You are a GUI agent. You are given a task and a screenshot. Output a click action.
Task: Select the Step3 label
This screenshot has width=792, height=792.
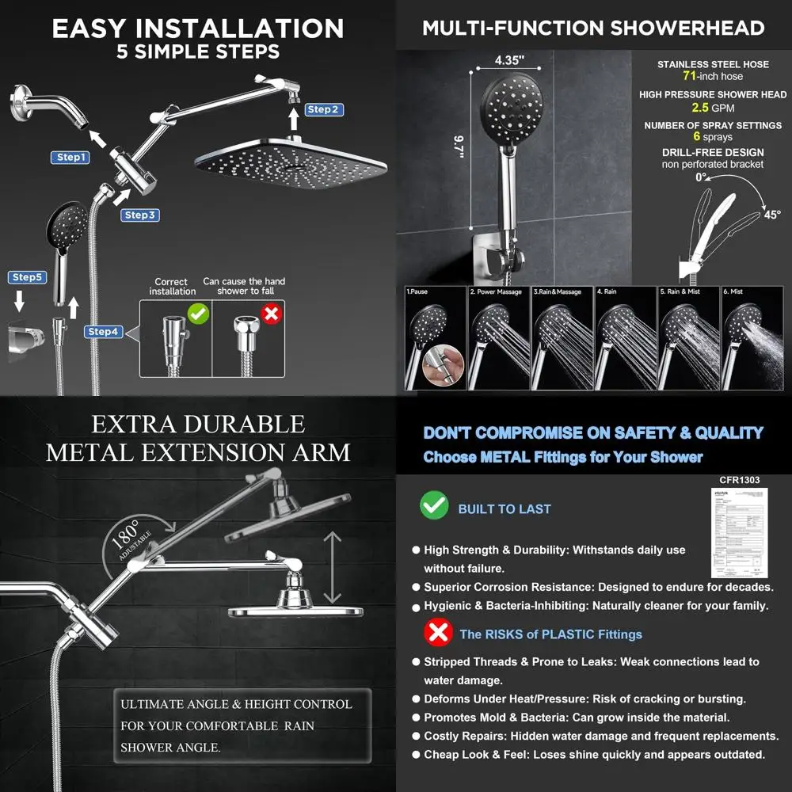[140, 215]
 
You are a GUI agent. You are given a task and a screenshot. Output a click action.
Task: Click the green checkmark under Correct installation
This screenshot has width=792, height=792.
[198, 314]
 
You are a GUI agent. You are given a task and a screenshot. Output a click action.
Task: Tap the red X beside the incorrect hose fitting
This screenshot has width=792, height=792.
[272, 314]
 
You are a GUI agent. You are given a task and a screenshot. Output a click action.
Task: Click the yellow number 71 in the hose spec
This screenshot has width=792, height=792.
[690, 77]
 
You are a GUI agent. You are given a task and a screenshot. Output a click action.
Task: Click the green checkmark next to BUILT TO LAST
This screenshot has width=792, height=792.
[433, 505]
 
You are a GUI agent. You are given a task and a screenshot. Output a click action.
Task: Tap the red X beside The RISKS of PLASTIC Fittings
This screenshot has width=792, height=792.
[437, 633]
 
